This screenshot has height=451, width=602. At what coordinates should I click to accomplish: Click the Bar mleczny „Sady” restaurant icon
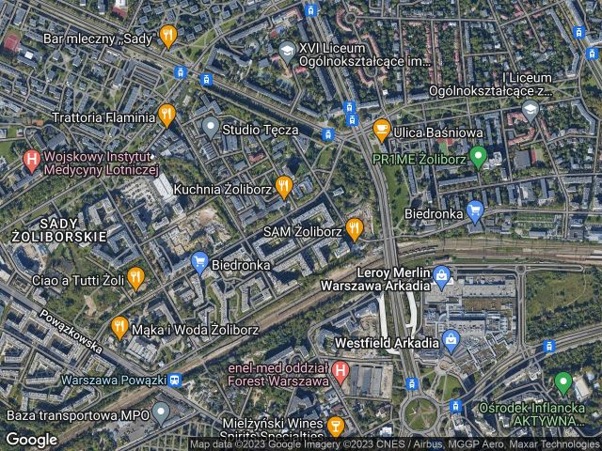pos(168,38)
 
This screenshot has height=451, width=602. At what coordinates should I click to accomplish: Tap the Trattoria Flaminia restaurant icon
pos(167,116)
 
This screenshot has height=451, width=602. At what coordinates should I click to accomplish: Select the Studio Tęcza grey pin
pos(211,127)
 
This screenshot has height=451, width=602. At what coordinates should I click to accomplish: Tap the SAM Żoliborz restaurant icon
pos(355,228)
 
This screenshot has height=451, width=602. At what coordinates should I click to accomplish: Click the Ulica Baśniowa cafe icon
pos(381,128)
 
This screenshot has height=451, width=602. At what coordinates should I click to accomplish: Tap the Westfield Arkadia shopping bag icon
pos(451,339)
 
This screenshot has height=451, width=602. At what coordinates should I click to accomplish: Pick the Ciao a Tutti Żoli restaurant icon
pos(135,276)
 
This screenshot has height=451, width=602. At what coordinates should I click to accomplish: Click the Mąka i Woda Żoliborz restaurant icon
pos(119,327)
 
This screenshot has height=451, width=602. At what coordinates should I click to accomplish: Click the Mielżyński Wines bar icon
pos(336,428)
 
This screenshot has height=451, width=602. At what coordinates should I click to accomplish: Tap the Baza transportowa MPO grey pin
pos(162,412)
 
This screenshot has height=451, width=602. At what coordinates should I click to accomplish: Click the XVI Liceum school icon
pos(287,50)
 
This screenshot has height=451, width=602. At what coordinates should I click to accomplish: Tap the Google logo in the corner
pos(32,438)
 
